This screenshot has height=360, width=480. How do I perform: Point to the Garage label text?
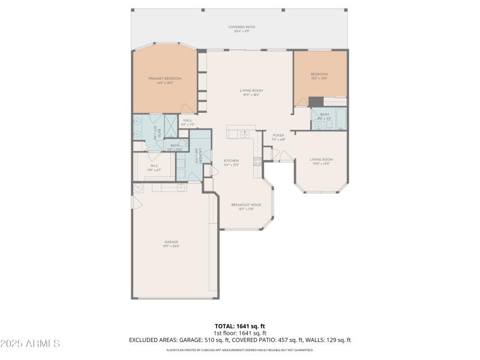click(x=171, y=244)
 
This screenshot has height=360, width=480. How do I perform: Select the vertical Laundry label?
click(x=197, y=157)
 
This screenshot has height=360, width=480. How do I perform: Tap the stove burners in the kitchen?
click(x=257, y=161)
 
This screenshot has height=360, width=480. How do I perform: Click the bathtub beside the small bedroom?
click(x=341, y=119)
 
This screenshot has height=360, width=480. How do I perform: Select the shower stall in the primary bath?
click(x=171, y=124)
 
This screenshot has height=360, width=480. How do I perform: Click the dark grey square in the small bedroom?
click(x=316, y=101)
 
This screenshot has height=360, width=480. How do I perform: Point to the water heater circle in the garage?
click(x=138, y=188)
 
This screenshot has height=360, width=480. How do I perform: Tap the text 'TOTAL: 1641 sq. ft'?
click(x=239, y=326)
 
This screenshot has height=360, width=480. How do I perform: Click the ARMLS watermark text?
click(x=30, y=344)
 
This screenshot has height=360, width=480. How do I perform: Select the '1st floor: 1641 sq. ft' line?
click(x=239, y=332)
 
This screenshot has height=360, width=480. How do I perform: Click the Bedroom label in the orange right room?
click(x=319, y=76)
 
